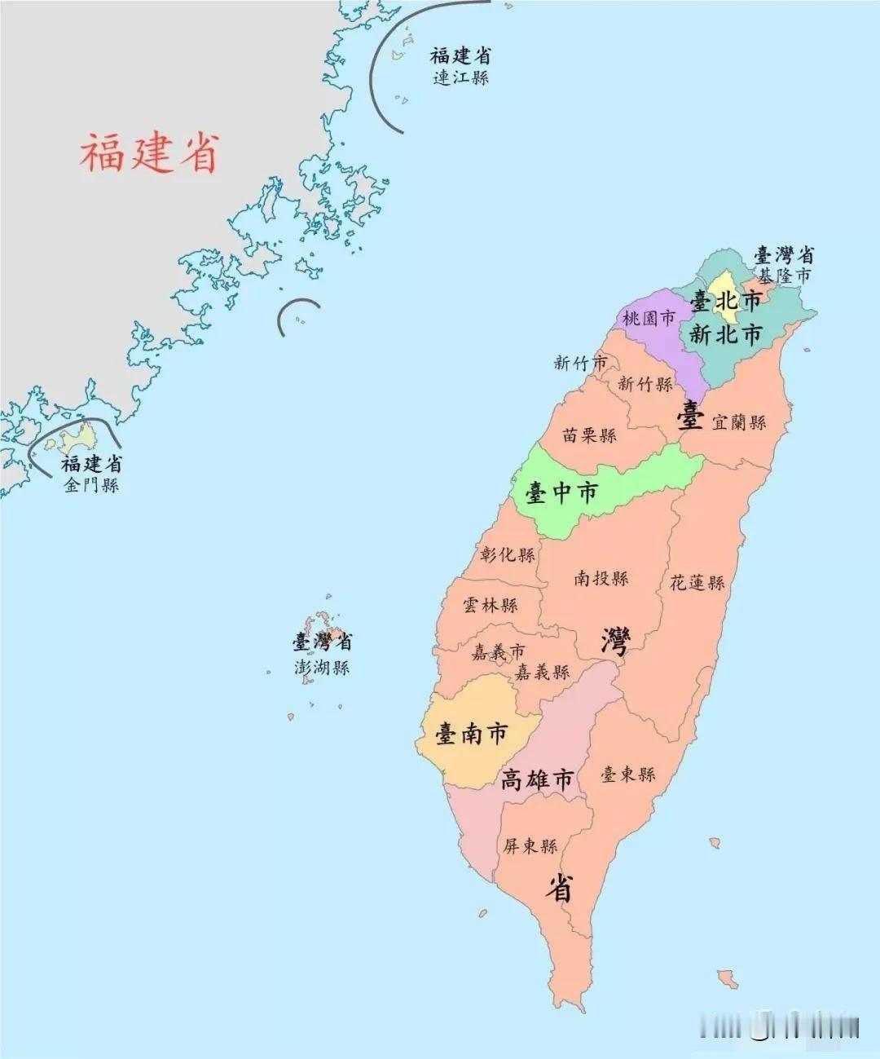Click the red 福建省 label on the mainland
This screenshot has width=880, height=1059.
150,152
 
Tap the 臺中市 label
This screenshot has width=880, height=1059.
561,492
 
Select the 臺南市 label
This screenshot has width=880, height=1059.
472,734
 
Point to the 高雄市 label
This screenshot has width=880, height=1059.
538,779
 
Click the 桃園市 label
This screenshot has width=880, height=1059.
649,318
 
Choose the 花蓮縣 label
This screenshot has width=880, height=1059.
697,582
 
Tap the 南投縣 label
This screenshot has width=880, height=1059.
601,578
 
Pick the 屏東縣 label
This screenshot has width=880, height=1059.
530,846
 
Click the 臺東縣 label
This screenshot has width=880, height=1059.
628,774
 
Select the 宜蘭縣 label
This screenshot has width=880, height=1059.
739,422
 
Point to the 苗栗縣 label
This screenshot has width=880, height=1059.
589,435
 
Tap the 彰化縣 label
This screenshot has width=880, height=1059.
508,554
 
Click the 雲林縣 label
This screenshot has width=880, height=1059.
491,605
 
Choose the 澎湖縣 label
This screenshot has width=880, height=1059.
322,667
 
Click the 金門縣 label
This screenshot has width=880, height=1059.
91,485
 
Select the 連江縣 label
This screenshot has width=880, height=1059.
460,77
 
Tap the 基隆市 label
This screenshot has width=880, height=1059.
785,276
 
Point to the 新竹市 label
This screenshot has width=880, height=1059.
580,363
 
